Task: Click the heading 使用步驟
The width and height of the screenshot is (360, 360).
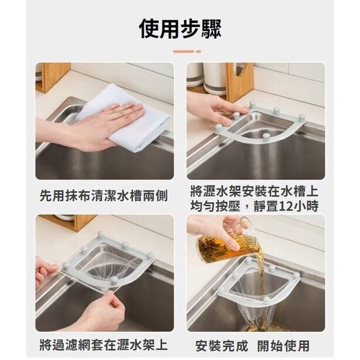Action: click(180, 29)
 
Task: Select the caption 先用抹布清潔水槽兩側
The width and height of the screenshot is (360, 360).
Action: click(104, 196)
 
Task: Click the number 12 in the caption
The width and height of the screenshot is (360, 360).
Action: click(286, 206)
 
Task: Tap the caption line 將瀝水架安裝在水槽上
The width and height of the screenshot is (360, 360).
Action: click(254, 192)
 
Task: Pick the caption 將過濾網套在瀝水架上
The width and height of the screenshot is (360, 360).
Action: click(104, 344)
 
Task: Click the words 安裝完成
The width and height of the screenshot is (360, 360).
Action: click(222, 346)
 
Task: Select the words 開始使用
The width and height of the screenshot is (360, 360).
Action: click(283, 346)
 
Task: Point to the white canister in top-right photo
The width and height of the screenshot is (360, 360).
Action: click(215, 78)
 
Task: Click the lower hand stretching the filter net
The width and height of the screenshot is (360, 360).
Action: click(101, 310)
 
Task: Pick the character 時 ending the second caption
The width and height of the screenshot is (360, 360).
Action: click(312, 206)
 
